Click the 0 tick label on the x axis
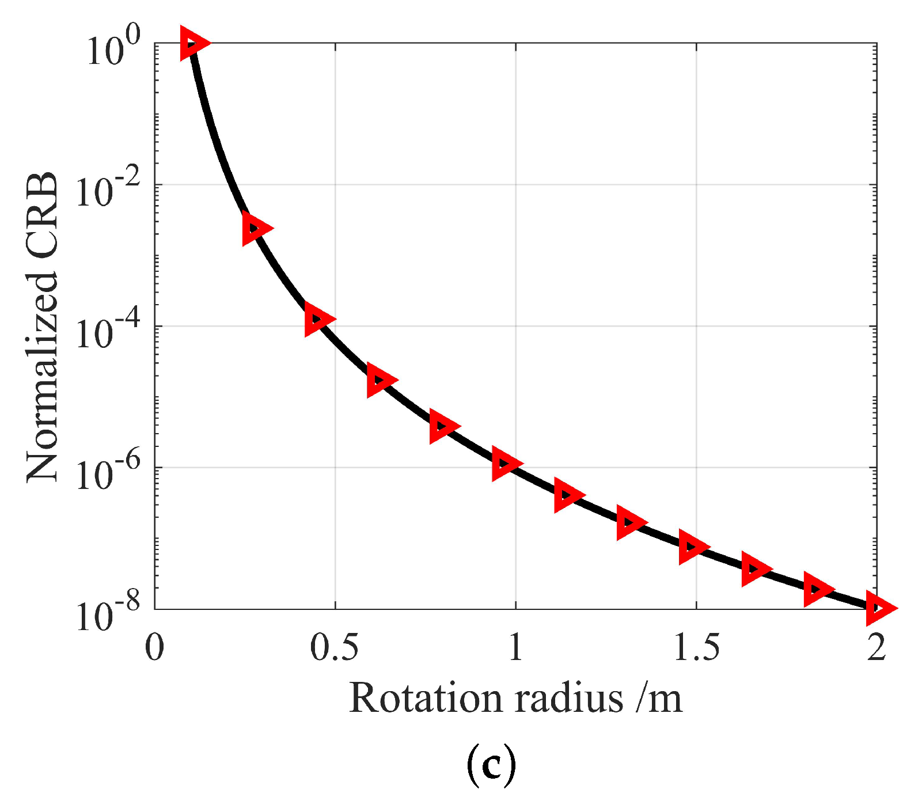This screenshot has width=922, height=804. pos(154,648)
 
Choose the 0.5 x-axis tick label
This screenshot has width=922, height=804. pos(334,648)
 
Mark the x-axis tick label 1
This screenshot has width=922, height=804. pos(515,648)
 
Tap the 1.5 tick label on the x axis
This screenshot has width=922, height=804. pos(696,648)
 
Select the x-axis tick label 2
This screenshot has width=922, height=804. pos(876,648)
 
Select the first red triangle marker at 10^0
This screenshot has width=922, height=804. pos(193,43)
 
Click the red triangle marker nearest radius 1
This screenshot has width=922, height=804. pos(505,464)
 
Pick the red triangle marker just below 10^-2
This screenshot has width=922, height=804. pos(255,228)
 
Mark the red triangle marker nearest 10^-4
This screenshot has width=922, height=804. pos(317,318)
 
